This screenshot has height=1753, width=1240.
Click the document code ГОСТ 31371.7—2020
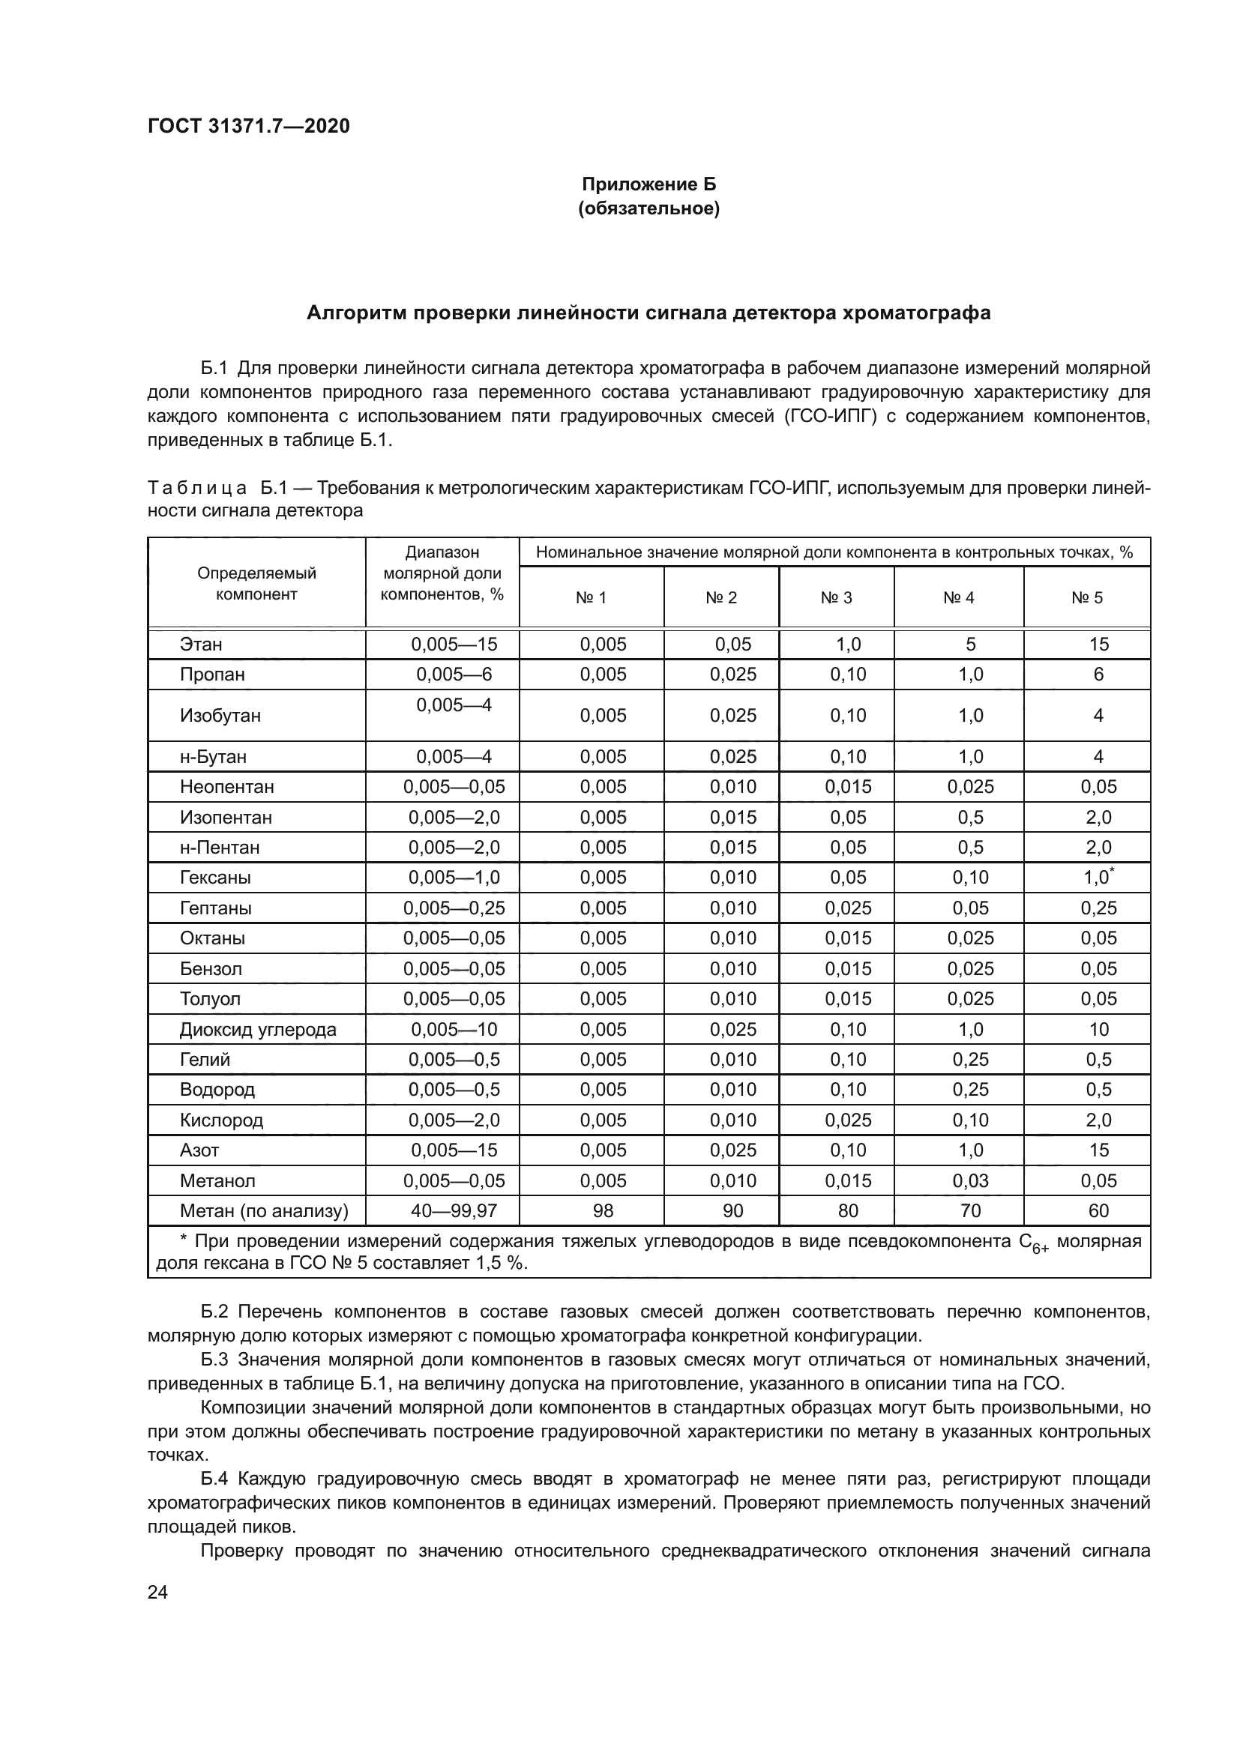coord(248,126)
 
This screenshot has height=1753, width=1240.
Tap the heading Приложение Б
coord(648,184)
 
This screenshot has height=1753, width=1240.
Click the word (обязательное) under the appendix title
coord(648,208)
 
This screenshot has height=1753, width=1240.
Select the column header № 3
coord(836,598)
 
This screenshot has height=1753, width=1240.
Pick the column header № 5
coord(1086,598)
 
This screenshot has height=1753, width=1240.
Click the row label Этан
coord(201,645)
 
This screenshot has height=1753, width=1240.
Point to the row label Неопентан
coord(226,786)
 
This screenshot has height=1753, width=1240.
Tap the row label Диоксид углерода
coord(257,1029)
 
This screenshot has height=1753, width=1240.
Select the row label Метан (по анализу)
coord(263,1211)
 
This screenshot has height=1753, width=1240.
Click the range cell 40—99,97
coord(454,1211)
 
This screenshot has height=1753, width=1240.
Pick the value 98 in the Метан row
coord(603,1211)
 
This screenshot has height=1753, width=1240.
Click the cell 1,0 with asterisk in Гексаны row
coord(1098,878)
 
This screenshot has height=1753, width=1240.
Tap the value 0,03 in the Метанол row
coord(969,1180)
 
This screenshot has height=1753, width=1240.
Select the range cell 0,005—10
coord(454,1029)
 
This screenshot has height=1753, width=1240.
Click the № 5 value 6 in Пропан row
coord(1098,675)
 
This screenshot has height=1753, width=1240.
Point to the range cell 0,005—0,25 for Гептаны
coord(454,908)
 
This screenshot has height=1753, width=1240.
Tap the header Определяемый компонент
coord(256,583)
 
